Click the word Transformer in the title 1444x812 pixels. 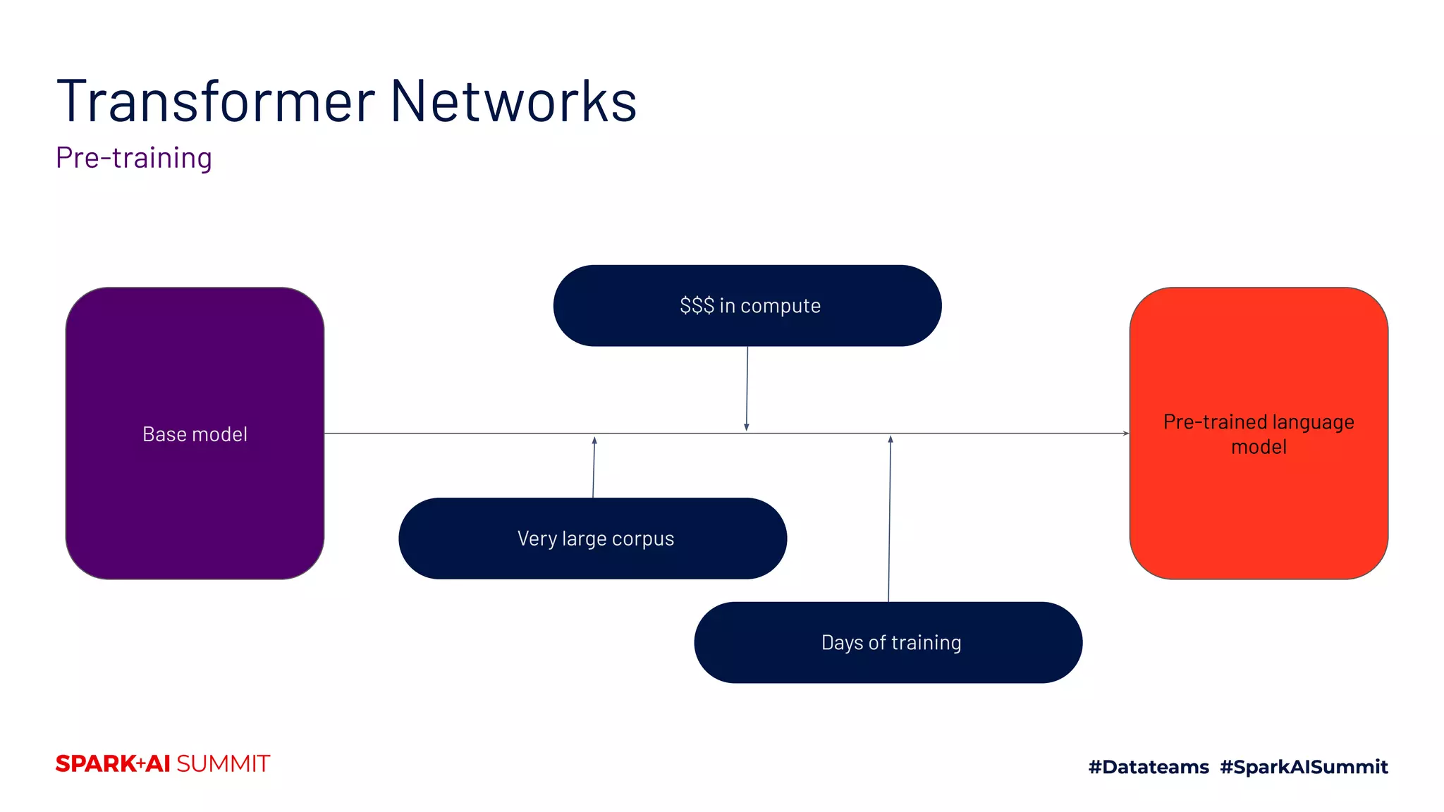pos(215,102)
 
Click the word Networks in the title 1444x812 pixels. pos(513,102)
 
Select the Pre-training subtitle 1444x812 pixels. pos(134,158)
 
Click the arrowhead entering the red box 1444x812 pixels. pos(1125,433)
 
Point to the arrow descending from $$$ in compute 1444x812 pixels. pos(747,388)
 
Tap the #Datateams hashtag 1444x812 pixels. pos(1149,767)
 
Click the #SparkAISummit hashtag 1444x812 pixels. pos(1304,767)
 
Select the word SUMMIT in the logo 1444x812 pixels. pos(223,764)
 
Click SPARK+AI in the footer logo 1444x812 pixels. pos(113,764)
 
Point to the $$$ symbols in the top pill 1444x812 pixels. pos(697,306)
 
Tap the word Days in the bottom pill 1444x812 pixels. pos(842,643)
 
